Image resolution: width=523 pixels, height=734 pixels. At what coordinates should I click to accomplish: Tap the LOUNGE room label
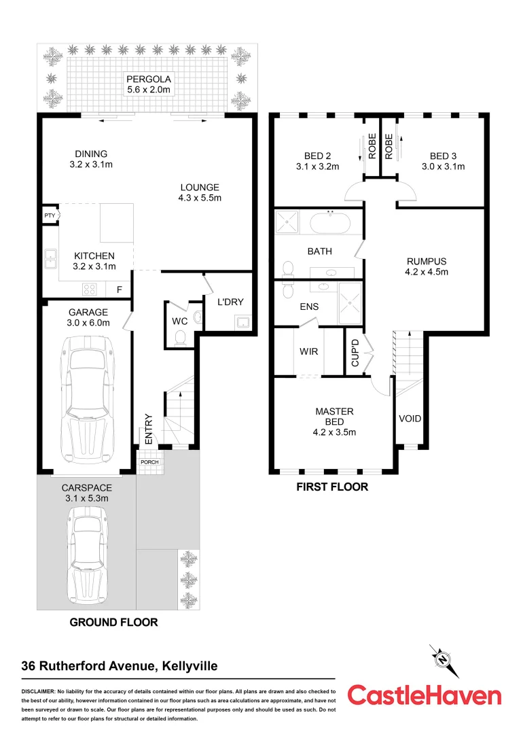(199, 188)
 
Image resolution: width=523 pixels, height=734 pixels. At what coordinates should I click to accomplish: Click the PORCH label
(148, 462)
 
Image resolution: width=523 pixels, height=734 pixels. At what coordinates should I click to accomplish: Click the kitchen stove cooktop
(89, 289)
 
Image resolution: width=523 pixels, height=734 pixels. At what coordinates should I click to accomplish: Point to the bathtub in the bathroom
(331, 222)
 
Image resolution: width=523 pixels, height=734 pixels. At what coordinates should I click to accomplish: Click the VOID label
(409, 419)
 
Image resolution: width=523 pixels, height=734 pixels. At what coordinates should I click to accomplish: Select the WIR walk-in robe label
(309, 352)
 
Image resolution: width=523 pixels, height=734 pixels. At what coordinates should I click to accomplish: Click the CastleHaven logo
(425, 695)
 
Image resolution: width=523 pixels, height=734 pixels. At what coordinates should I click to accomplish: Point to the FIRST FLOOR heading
(332, 487)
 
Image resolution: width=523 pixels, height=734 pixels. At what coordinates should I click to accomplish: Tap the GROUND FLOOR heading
(114, 622)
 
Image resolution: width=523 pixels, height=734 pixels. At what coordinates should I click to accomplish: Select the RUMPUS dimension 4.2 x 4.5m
(427, 272)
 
